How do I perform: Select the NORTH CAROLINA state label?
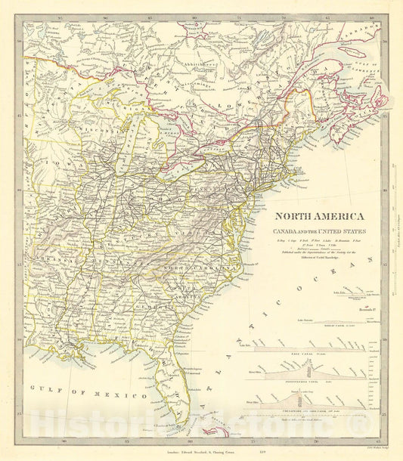(198, 269)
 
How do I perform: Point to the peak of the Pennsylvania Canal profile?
(312, 367)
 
